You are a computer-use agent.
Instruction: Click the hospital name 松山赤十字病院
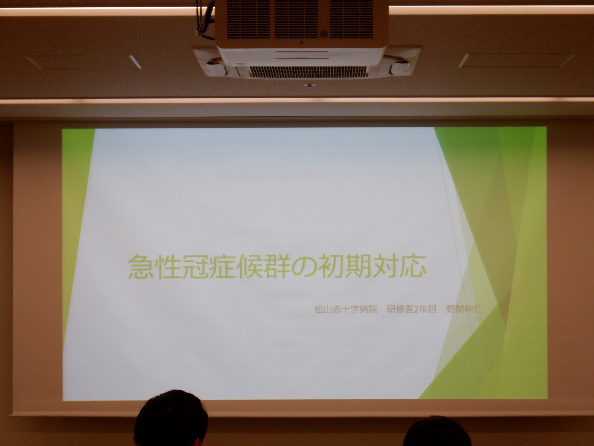tap(346, 310)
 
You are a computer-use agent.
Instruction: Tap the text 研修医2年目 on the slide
tap(411, 310)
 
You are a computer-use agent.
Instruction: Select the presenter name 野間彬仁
tap(464, 310)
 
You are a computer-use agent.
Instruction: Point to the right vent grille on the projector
tap(352, 19)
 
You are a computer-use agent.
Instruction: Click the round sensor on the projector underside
tap(324, 34)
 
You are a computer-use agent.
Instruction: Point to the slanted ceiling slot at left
tap(135, 62)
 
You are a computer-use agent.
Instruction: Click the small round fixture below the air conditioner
tap(309, 86)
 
